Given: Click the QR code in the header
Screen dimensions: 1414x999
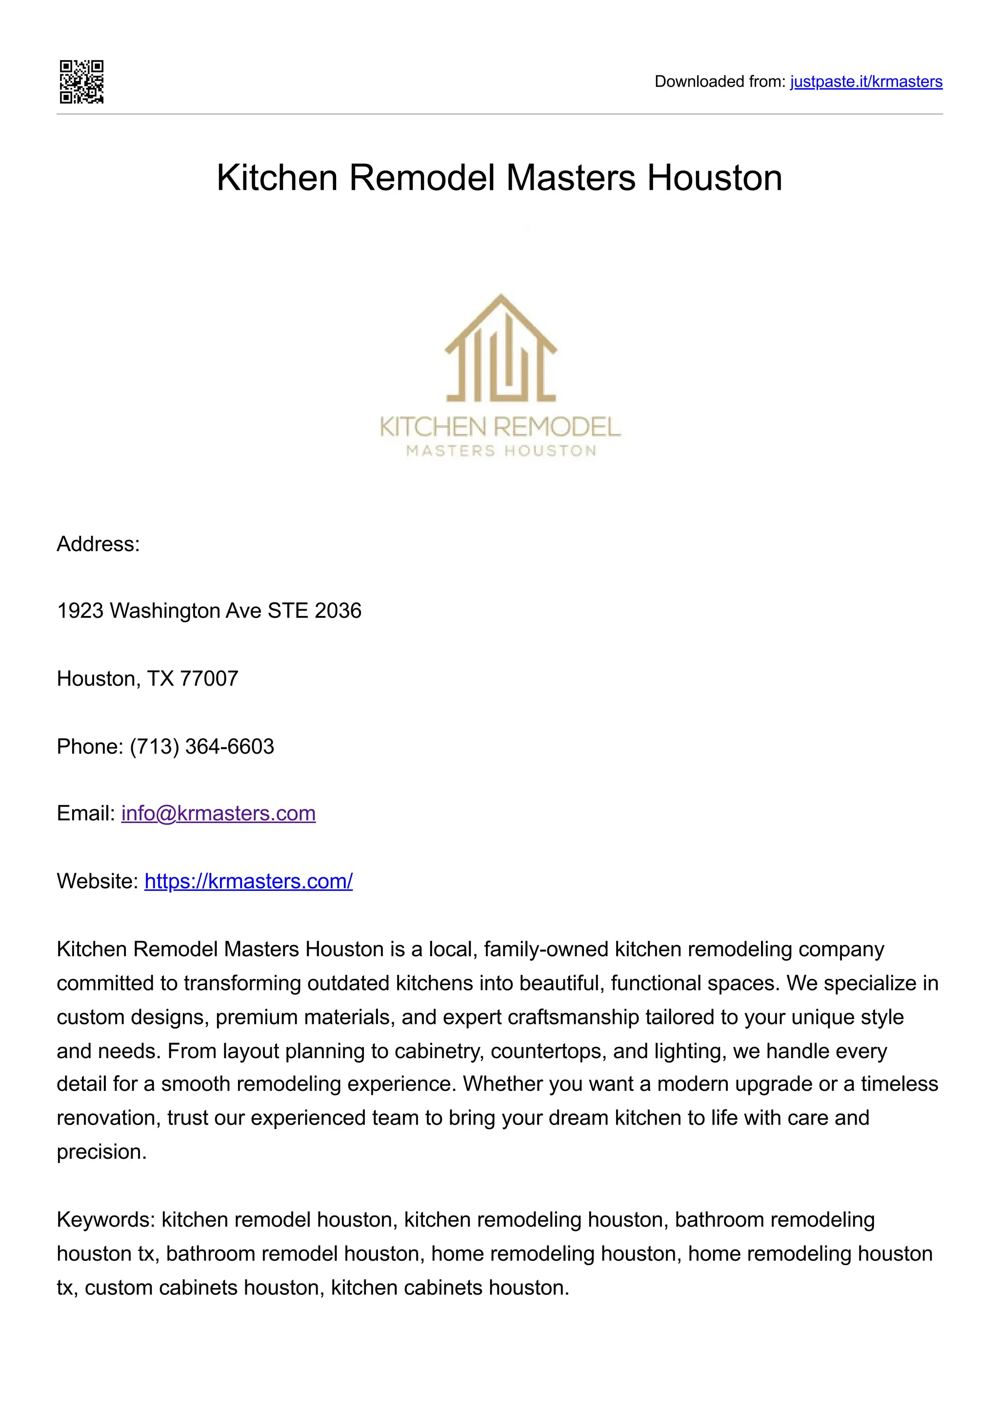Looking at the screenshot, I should [x=81, y=82].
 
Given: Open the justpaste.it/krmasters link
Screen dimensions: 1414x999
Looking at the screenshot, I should [x=866, y=82].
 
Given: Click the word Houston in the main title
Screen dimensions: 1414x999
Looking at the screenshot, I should [x=714, y=178].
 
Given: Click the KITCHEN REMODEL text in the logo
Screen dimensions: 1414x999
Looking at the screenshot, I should [x=500, y=427].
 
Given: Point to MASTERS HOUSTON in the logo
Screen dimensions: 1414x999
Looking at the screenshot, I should [x=500, y=451].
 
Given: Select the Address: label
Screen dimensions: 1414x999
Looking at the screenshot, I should [x=99, y=544].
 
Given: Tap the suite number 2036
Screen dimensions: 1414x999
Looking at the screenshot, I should [x=338, y=611].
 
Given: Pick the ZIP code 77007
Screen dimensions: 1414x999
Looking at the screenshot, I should [x=209, y=678].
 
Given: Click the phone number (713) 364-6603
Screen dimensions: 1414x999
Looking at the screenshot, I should [x=202, y=746].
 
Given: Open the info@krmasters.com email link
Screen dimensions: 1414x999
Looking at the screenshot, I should [x=219, y=814].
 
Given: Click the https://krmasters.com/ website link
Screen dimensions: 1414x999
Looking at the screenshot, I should [x=249, y=881].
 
